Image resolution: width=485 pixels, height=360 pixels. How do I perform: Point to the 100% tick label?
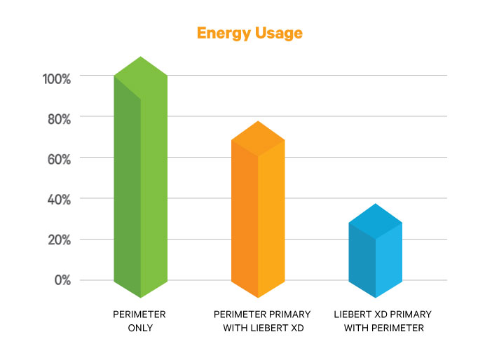pyautogui.click(x=57, y=78)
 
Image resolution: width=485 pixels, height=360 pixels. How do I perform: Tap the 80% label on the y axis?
pyautogui.click(x=59, y=119)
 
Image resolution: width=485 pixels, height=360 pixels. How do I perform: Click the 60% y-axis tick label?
pyautogui.click(x=59, y=160)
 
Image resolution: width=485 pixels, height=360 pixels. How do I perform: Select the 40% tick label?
pyautogui.click(x=59, y=200)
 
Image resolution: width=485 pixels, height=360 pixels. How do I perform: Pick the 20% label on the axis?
pyautogui.click(x=59, y=240)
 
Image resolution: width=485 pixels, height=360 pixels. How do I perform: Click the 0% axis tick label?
pyautogui.click(x=62, y=280)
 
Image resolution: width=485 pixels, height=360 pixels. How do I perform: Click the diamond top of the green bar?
pyautogui.click(x=141, y=76)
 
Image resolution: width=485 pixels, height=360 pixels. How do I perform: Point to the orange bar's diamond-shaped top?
pyautogui.click(x=258, y=139)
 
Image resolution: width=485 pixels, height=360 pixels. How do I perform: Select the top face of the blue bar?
pyautogui.click(x=376, y=222)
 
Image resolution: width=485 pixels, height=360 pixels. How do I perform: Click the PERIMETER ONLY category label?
pyautogui.click(x=139, y=321)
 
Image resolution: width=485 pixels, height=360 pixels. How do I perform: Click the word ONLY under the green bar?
pyautogui.click(x=139, y=328)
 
